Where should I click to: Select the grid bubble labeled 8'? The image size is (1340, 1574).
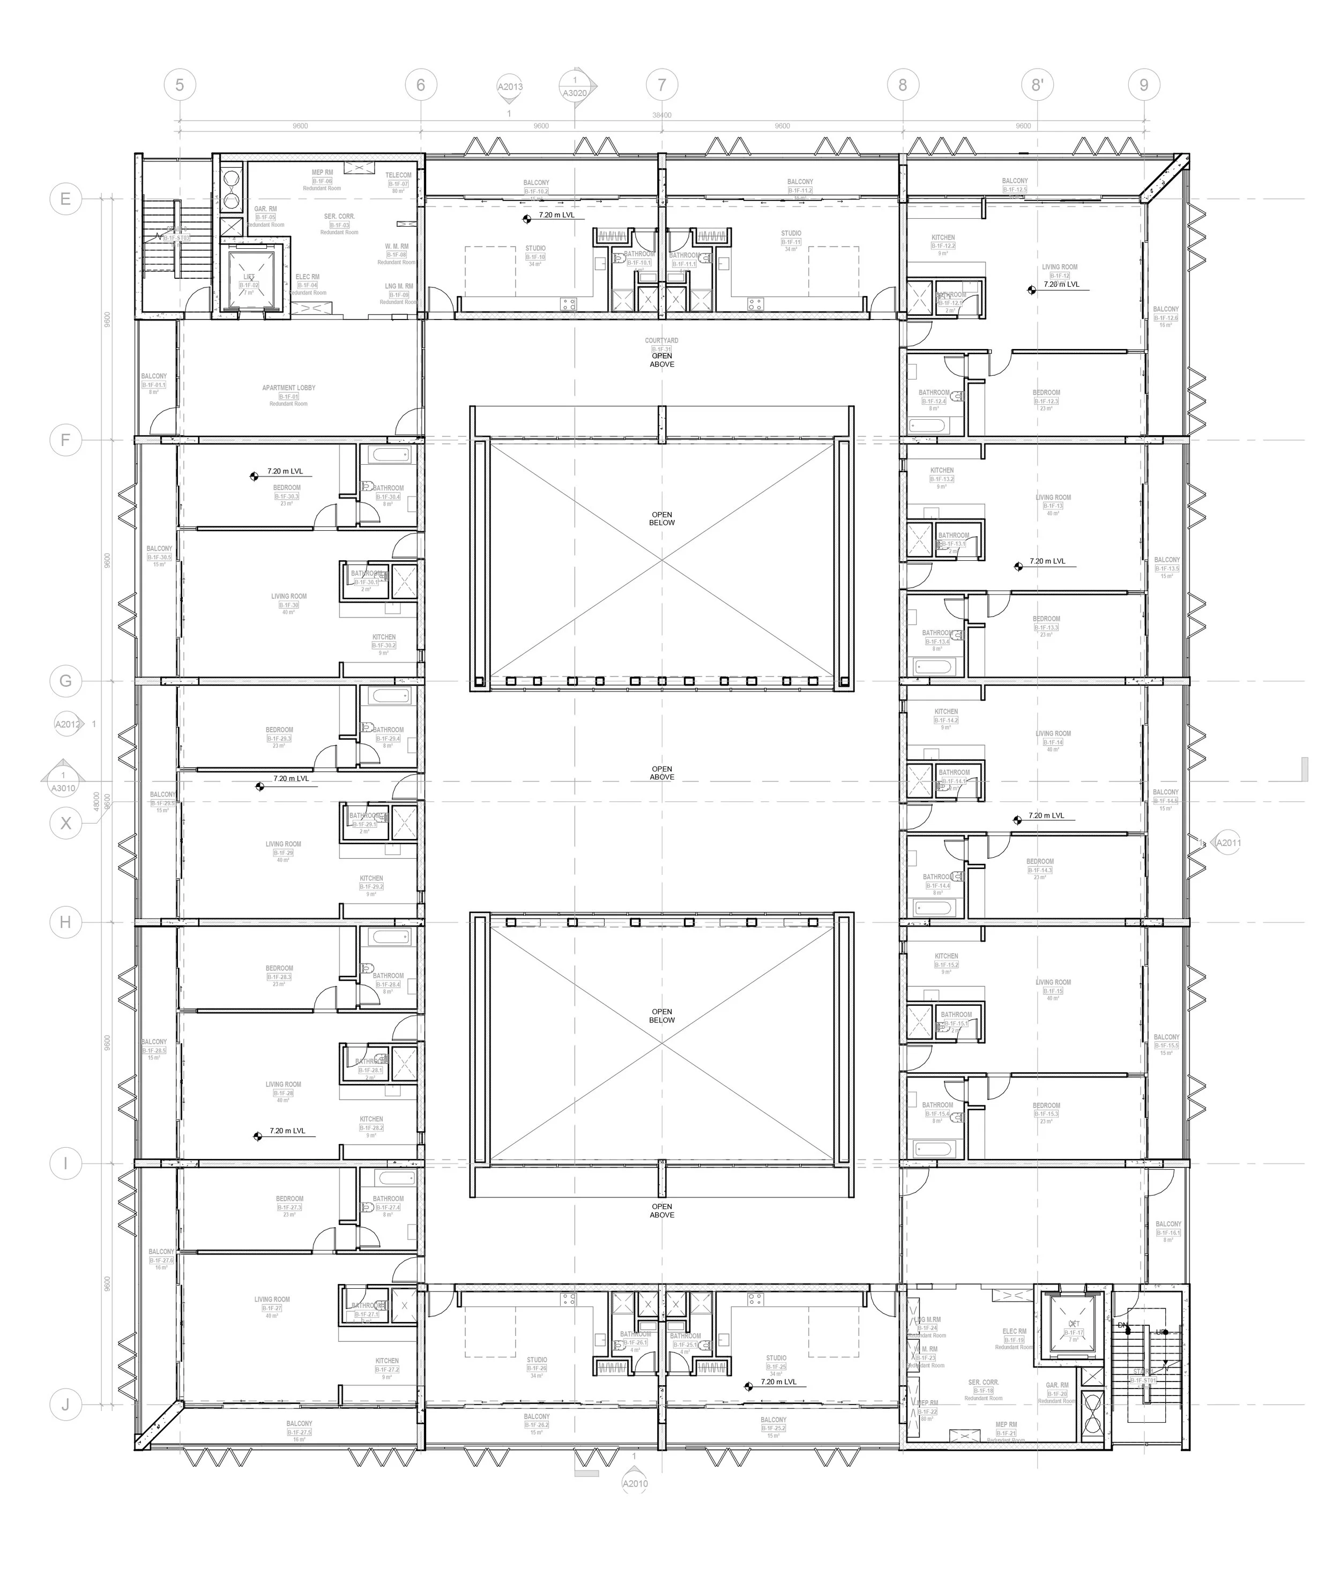pos(1037,85)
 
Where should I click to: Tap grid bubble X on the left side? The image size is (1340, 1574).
pos(65,823)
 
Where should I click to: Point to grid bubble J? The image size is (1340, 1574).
pos(65,1405)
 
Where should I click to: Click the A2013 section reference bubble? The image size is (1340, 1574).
pos(510,87)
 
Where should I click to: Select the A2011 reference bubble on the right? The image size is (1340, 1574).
pos(1227,842)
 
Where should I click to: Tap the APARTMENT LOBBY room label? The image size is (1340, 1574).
pos(289,388)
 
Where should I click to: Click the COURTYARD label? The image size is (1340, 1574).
pos(661,340)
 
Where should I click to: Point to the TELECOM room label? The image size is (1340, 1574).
pos(398,175)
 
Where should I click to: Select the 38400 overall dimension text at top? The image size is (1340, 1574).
pos(661,115)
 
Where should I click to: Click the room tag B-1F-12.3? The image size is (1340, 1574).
pos(1046,401)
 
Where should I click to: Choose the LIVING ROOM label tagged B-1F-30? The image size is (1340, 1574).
pos(289,596)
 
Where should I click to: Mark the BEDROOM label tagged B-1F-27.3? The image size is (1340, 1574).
pos(289,1199)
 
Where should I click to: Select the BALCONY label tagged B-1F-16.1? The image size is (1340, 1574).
pos(1168,1224)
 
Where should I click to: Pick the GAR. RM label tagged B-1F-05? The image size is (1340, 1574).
pos(265,209)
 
